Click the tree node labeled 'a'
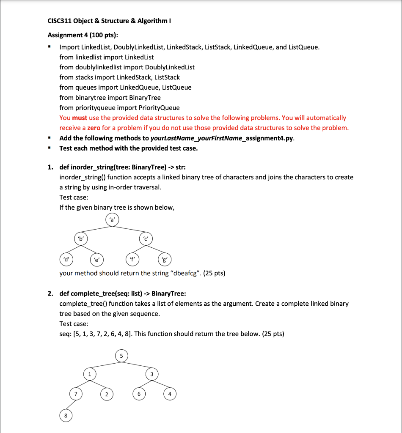tap(112, 219)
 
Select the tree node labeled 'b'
tap(80, 238)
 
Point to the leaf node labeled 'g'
tap(164, 258)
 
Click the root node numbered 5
tap(121, 356)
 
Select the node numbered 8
tap(66, 416)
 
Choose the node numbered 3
tap(151, 374)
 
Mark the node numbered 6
tap(138, 394)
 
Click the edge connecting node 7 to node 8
tap(71, 405)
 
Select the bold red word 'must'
tap(79, 118)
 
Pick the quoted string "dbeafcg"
tap(185, 273)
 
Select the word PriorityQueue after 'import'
tap(159, 108)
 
